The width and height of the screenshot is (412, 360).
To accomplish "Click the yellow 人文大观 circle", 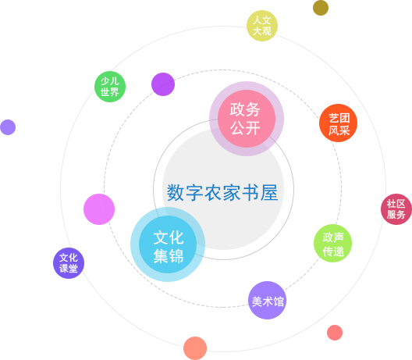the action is [262, 26].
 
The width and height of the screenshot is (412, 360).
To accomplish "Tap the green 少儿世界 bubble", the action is [110, 87].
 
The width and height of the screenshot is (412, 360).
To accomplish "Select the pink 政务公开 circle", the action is [247, 119].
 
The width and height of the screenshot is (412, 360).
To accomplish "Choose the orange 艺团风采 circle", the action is [338, 123].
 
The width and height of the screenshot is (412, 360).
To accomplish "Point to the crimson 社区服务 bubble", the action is [396, 209].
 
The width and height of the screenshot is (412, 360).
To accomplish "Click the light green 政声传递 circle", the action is [332, 243].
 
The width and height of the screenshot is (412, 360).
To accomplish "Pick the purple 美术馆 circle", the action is [267, 301].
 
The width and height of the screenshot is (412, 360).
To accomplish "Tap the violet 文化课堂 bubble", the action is [69, 263].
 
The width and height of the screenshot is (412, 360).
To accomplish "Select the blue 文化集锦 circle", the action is [168, 244].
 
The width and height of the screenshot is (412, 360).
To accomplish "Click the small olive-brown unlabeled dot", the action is [321, 8].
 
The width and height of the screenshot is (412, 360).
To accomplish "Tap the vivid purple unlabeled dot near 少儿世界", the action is [163, 84].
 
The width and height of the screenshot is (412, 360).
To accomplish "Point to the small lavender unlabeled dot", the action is [8, 127].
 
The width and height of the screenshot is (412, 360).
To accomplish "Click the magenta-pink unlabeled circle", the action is [99, 209].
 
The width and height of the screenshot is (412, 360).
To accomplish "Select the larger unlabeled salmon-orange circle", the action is [195, 348].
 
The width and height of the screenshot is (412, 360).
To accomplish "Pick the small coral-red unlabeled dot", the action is [335, 333].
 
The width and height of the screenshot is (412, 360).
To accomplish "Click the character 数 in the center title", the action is [176, 192].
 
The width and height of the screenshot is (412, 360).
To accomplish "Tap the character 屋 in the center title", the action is [269, 192].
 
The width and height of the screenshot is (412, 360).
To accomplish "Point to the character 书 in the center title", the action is [250, 192].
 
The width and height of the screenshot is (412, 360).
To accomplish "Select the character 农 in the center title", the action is [213, 192].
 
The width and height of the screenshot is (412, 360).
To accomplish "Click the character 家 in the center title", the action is [232, 192].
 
